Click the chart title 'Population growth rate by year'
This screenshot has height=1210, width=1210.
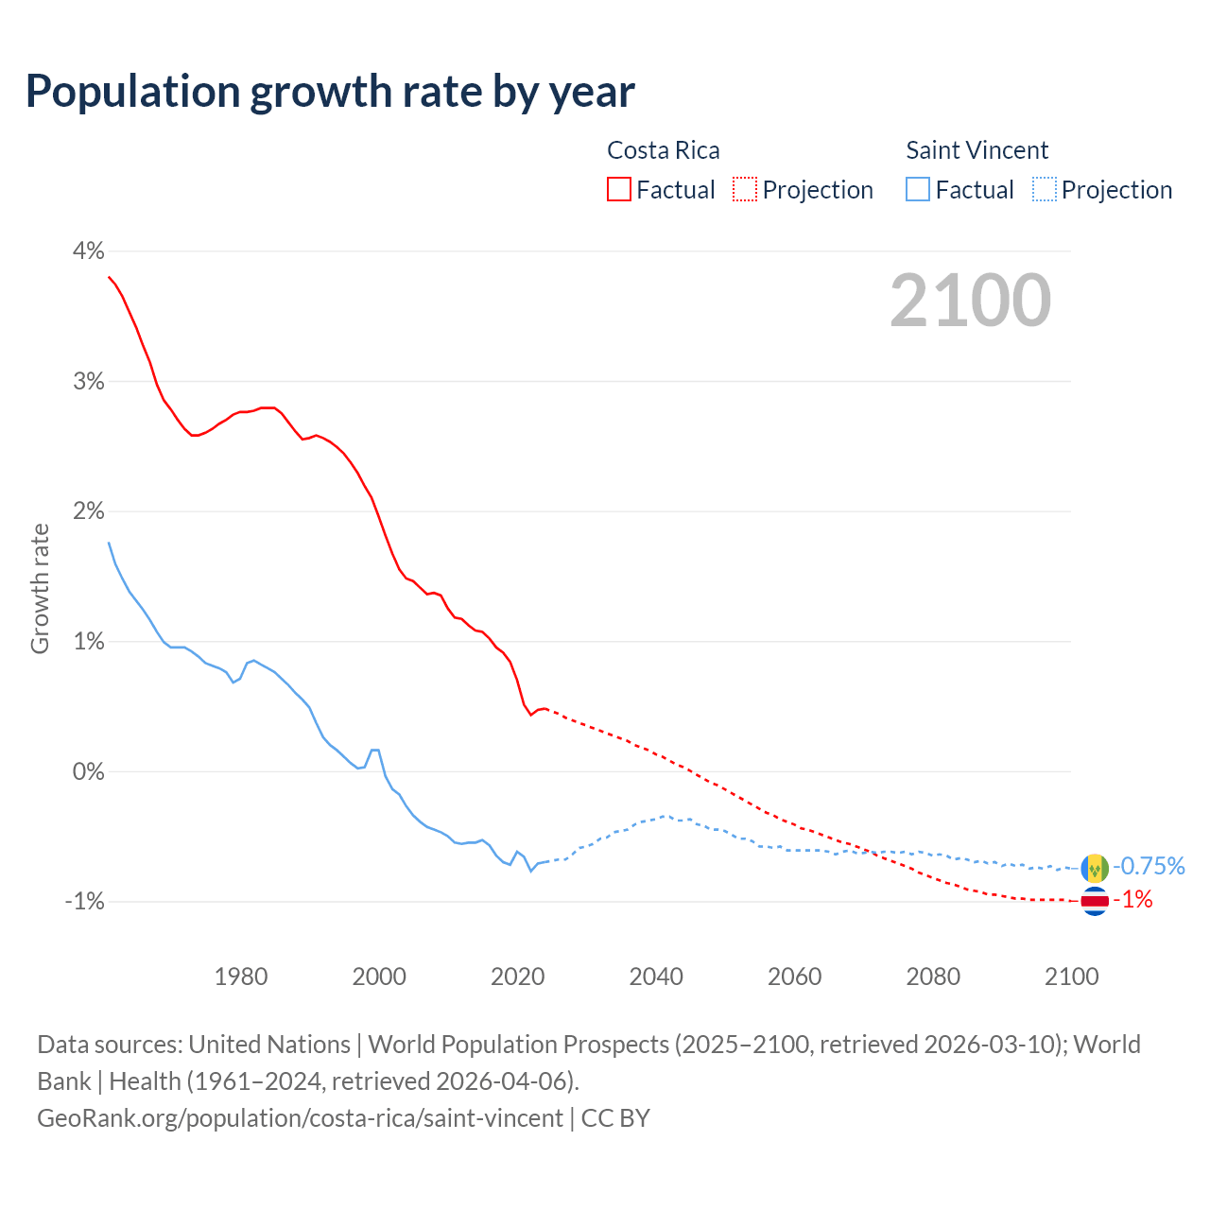[x=330, y=92]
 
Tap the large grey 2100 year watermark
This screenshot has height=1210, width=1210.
[x=970, y=301]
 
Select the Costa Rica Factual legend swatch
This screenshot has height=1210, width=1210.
[x=619, y=190]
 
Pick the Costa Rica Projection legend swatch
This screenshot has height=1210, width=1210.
[x=745, y=190]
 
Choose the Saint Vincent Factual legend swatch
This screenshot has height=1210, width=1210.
[x=918, y=190]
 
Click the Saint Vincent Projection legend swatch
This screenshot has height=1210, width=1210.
[x=1044, y=190]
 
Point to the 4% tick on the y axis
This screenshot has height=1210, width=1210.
[x=88, y=251]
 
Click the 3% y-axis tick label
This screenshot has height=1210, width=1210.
[x=88, y=382]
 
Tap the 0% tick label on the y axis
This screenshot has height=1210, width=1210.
[x=88, y=772]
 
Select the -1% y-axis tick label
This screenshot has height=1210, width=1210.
[x=84, y=902]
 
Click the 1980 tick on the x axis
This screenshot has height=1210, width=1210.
[x=241, y=977]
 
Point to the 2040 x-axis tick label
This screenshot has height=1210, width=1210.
[x=656, y=977]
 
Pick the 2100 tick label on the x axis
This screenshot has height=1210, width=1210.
[x=1071, y=977]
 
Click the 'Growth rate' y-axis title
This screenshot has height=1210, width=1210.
[x=40, y=588]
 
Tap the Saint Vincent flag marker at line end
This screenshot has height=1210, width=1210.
[x=1095, y=867]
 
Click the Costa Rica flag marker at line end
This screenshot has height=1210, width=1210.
[x=1095, y=901]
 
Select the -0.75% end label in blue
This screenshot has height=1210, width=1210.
[x=1149, y=866]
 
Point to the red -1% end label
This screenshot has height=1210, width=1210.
[x=1133, y=900]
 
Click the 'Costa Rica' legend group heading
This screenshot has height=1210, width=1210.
[x=663, y=150]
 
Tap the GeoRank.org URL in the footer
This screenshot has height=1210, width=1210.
[x=300, y=1118]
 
